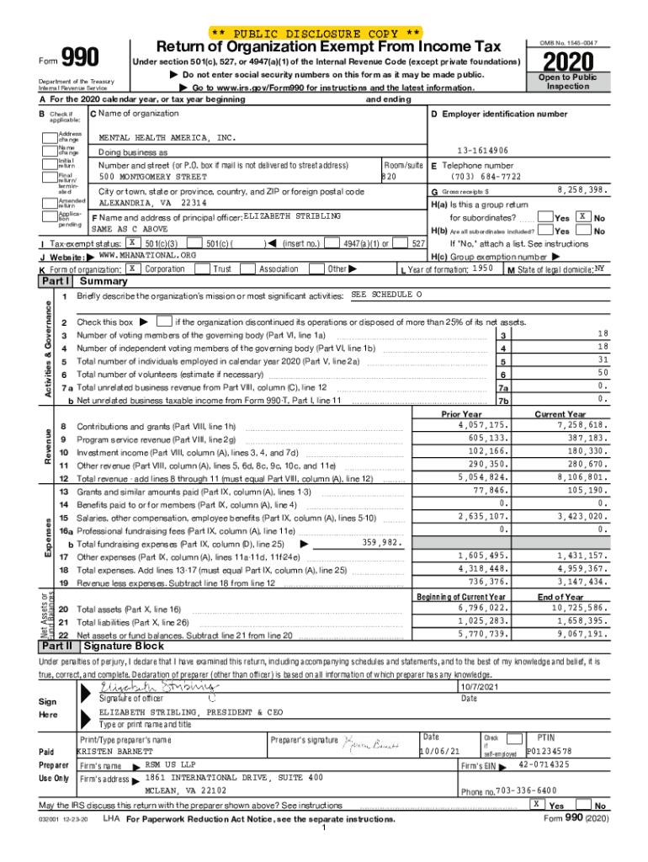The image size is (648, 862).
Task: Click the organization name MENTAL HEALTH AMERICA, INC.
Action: click(x=167, y=136)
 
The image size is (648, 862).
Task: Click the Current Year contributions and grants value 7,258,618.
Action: click(x=576, y=426)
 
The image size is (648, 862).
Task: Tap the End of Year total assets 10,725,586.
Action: click(x=574, y=607)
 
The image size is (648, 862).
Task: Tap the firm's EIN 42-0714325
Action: click(x=544, y=764)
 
